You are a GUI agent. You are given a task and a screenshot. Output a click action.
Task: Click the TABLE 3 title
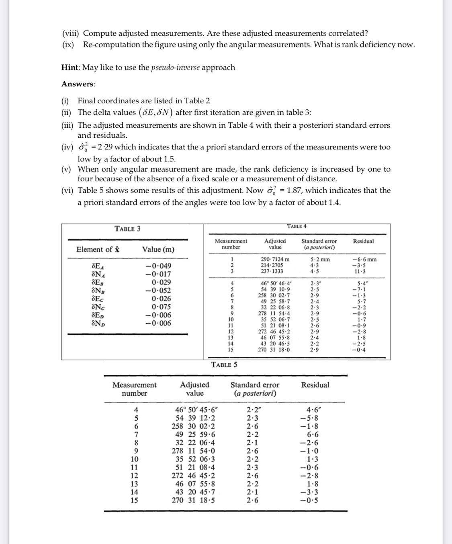(x=127, y=229)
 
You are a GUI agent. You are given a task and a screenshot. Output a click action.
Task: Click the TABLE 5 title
(x=224, y=365)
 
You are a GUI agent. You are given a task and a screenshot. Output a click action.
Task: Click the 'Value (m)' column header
(x=158, y=250)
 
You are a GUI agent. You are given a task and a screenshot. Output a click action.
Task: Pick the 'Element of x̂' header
(x=98, y=250)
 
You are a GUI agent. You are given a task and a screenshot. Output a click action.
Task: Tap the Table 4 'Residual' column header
(x=363, y=241)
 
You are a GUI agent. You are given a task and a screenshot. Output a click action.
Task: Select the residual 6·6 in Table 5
(x=315, y=434)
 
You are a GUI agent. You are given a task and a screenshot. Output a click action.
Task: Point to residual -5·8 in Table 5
(x=315, y=418)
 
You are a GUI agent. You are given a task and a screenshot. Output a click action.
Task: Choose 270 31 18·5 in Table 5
(x=196, y=500)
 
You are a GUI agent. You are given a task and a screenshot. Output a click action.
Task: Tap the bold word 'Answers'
(x=78, y=84)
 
